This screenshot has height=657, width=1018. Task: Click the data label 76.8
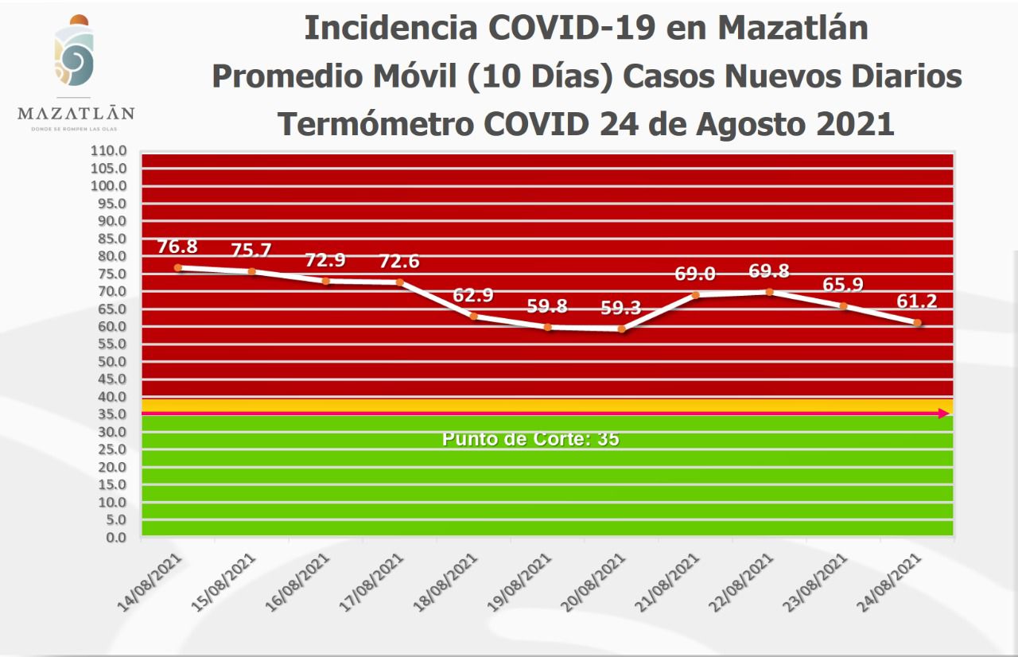coord(177,247)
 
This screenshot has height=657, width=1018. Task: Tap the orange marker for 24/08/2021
coord(917,323)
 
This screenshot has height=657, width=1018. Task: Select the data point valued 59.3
coord(621,328)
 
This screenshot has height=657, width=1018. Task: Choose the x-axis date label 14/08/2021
coord(151,583)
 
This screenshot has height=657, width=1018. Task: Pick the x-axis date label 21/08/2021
coord(670,583)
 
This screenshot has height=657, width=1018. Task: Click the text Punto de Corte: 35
coord(530,439)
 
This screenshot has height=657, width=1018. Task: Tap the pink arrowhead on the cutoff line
coord(943,414)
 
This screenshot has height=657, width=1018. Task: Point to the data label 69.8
coord(769,271)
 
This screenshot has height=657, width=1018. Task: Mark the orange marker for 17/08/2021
coord(399,282)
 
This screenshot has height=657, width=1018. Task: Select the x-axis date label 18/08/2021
coord(448,583)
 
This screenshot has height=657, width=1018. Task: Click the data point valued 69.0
coord(695,295)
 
